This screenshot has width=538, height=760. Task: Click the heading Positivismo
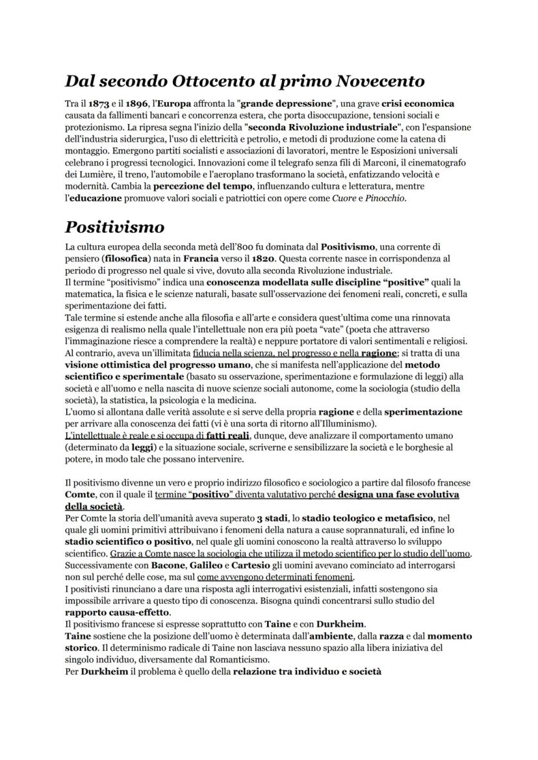click(114, 228)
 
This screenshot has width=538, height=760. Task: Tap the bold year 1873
click(99, 103)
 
